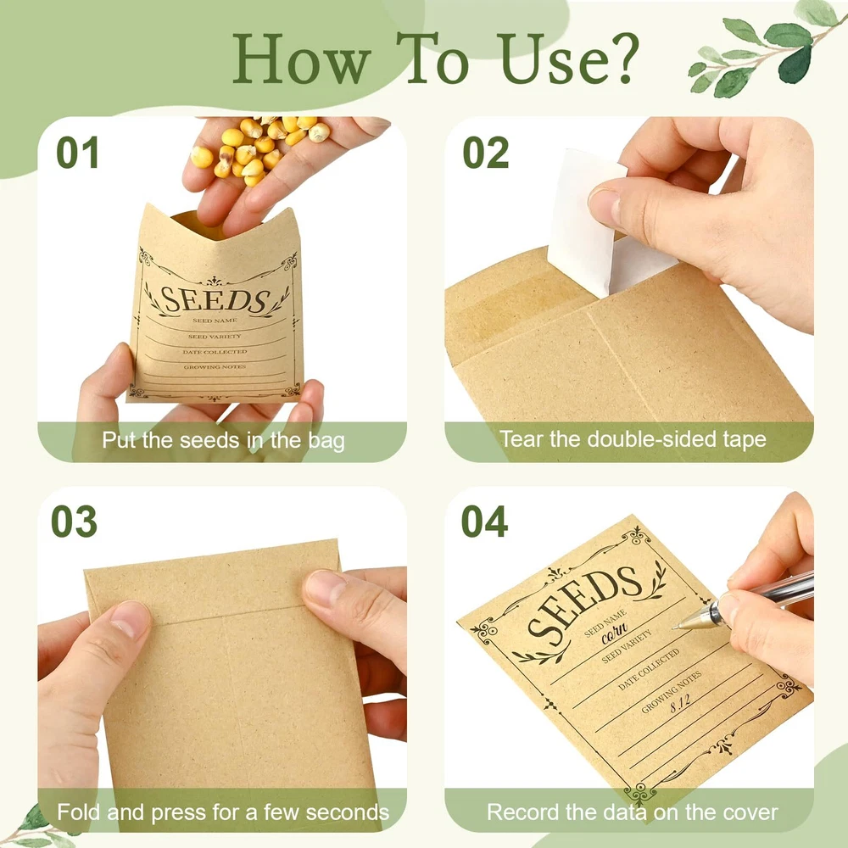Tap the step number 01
[77, 153]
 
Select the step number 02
[486, 153]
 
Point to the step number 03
[74, 522]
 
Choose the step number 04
[484, 522]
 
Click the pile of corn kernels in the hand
[259, 149]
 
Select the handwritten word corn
[615, 633]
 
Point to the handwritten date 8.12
[680, 704]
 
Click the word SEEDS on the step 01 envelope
[215, 300]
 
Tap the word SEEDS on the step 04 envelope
[583, 605]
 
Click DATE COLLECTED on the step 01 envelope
[215, 352]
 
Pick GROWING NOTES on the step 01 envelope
[215, 366]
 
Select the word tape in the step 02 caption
[745, 439]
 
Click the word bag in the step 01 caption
[326, 441]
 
